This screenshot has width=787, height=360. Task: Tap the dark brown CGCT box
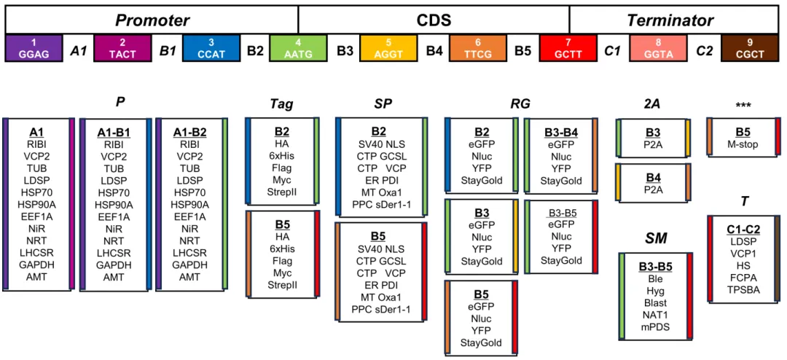pyautogui.click(x=750, y=49)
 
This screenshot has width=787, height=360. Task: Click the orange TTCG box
pyautogui.click(x=477, y=49)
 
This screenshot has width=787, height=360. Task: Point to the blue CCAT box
pyautogui.click(x=211, y=49)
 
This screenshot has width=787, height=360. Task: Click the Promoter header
pyautogui.click(x=152, y=20)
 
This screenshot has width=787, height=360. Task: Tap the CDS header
pyautogui.click(x=434, y=20)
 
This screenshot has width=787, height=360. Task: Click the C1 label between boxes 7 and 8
pyautogui.click(x=613, y=51)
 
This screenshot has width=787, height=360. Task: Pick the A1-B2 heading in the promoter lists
pyautogui.click(x=189, y=133)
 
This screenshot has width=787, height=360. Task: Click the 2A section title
pyautogui.click(x=651, y=104)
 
